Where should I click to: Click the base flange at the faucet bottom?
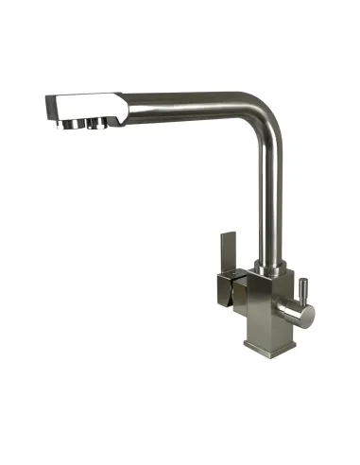(x=266, y=342)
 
